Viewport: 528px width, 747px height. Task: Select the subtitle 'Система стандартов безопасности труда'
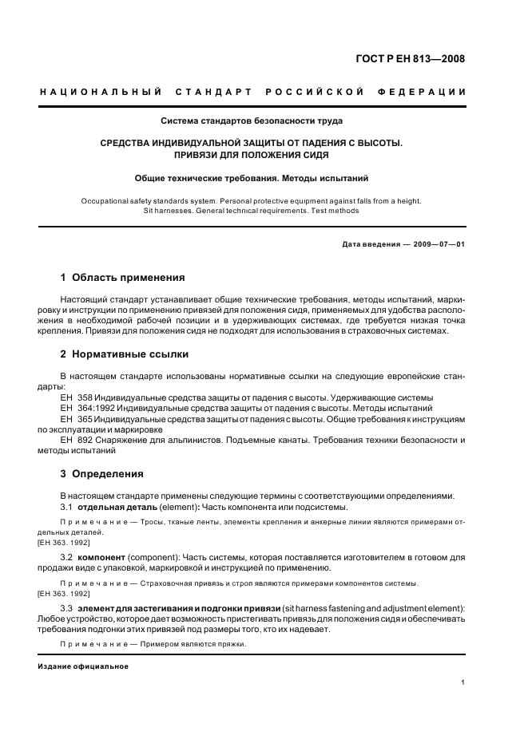[252, 121]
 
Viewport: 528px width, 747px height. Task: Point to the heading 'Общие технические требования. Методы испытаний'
[251, 179]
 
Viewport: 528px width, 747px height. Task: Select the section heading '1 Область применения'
[122, 278]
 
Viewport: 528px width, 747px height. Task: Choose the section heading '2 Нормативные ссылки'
[125, 354]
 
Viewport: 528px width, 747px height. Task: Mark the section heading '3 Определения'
[102, 473]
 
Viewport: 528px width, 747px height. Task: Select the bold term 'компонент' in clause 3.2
[101, 558]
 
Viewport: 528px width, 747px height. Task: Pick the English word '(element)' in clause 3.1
[181, 507]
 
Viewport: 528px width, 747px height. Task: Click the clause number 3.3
[67, 609]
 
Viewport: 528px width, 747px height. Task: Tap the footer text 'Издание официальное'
[83, 667]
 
